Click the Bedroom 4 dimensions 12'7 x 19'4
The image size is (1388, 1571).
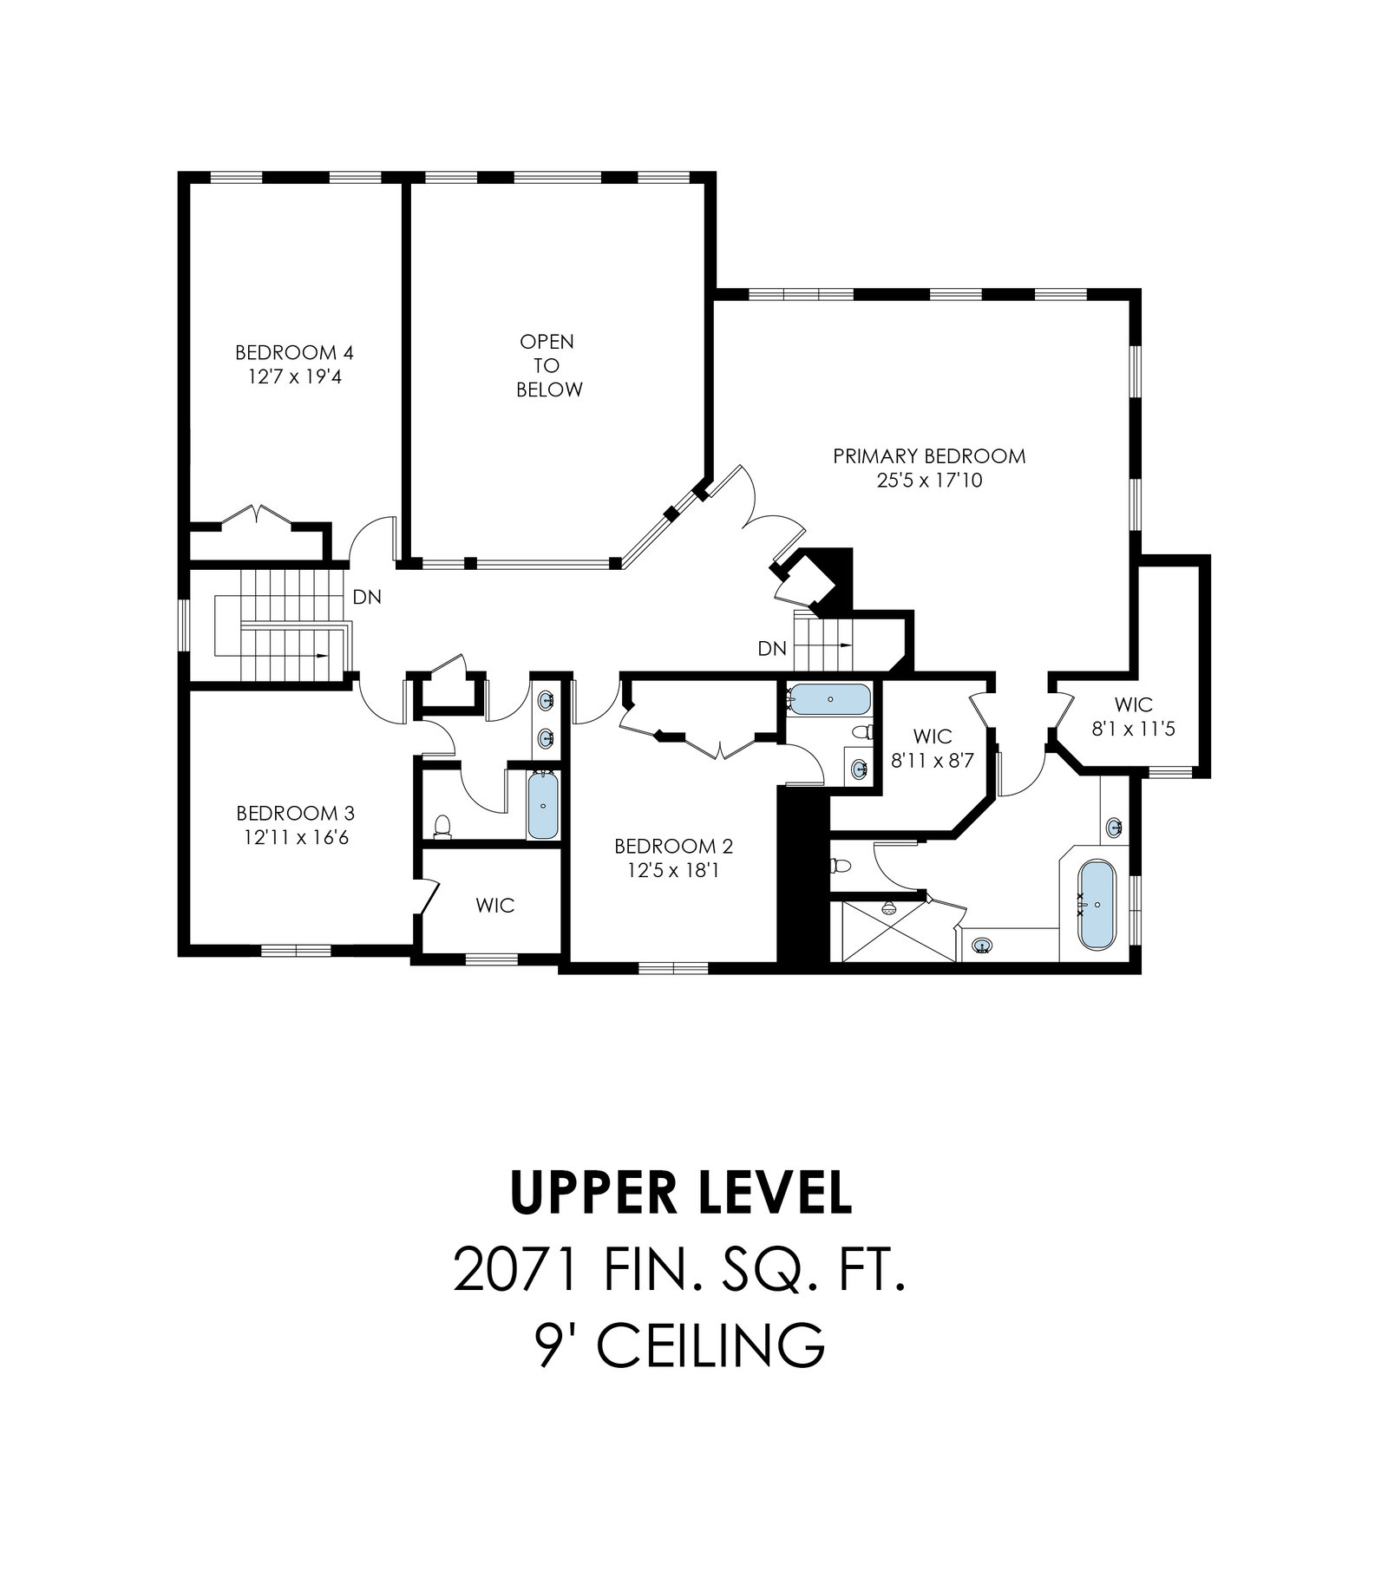[294, 377]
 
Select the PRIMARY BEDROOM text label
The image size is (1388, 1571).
[929, 456]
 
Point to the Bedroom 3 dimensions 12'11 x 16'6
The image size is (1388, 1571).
[295, 838]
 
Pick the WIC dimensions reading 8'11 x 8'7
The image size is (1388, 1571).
[933, 761]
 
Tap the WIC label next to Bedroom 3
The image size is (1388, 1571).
[494, 906]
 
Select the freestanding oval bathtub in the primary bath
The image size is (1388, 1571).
[1097, 905]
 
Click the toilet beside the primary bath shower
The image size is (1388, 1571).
[839, 866]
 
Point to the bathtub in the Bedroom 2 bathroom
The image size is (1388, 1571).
[830, 698]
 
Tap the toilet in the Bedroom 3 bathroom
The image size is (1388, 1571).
[442, 826]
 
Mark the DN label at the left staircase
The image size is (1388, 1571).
[366, 598]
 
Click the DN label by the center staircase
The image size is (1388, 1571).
[771, 648]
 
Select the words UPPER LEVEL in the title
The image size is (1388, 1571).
[681, 1193]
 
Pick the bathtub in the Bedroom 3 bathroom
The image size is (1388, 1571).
[542, 805]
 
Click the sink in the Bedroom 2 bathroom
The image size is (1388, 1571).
[859, 768]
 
